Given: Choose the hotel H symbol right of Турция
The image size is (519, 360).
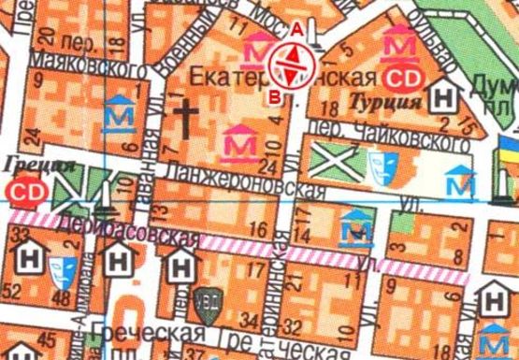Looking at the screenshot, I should tap(447, 95).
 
